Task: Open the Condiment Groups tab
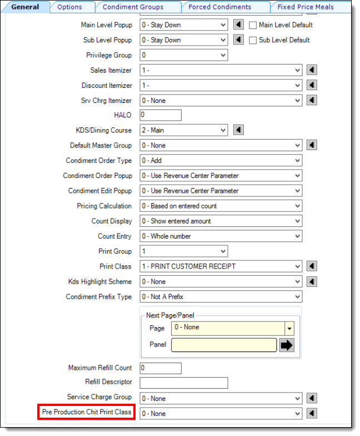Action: tap(133, 7)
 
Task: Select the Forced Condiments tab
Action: tap(219, 7)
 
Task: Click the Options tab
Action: tap(69, 7)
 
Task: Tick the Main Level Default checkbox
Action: tap(253, 25)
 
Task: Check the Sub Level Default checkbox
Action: tap(253, 40)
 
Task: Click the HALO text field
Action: tap(161, 115)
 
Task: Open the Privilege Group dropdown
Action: tap(183, 55)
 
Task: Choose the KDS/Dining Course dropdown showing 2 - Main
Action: tap(183, 130)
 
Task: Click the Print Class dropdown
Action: tap(221, 266)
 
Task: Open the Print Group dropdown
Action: tap(183, 251)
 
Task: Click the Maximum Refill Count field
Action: tap(161, 368)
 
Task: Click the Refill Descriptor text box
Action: tap(184, 383)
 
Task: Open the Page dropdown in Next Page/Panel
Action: tap(233, 328)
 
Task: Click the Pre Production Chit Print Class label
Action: tap(87, 413)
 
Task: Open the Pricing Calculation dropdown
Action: tap(221, 206)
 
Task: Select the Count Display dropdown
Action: tap(221, 221)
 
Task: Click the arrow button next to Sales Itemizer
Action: tap(312, 70)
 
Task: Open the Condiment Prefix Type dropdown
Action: tap(221, 296)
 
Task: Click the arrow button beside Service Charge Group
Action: tap(312, 398)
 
